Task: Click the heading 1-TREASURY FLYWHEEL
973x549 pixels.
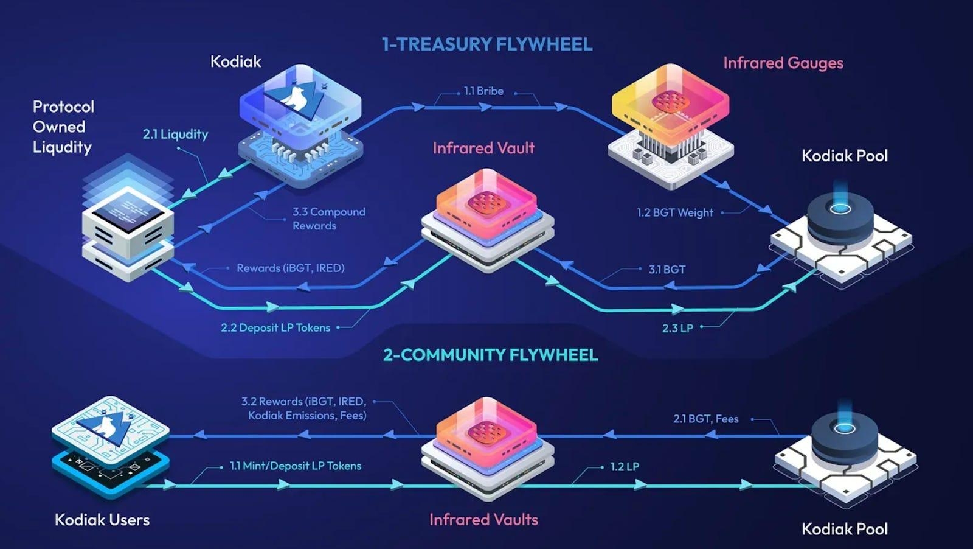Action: pyautogui.click(x=486, y=44)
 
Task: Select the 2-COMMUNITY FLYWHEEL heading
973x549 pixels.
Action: pyautogui.click(x=490, y=355)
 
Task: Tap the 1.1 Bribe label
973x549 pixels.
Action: pyautogui.click(x=483, y=91)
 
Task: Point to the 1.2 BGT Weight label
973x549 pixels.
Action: pyautogui.click(x=675, y=212)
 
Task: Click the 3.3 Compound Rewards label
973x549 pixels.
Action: pyautogui.click(x=328, y=219)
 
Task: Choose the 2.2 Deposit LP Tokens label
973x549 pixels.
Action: pyautogui.click(x=275, y=327)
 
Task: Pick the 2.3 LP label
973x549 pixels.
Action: pyautogui.click(x=677, y=328)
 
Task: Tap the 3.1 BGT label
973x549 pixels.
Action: pyautogui.click(x=667, y=269)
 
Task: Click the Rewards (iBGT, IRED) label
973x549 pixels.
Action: pyautogui.click(x=290, y=268)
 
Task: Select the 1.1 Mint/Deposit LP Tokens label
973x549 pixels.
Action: pyautogui.click(x=295, y=466)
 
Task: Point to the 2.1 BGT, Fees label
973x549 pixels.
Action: pyautogui.click(x=705, y=419)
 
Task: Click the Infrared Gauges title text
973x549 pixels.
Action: pyautogui.click(x=783, y=63)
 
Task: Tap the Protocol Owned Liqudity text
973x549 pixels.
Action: pyautogui.click(x=63, y=127)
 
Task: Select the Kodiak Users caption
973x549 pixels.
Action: pyautogui.click(x=102, y=520)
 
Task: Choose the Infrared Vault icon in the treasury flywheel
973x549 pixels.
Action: pyautogui.click(x=488, y=219)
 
